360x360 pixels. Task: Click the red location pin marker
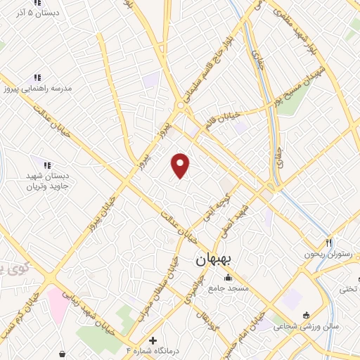click(181, 165)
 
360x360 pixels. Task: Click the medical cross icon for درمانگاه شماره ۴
click(153, 340)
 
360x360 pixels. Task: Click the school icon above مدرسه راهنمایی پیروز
click(37, 77)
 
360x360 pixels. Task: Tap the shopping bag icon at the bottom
click(64, 354)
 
